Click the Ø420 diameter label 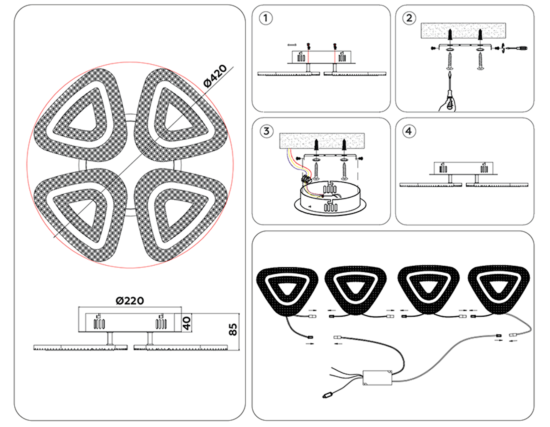coord(215,76)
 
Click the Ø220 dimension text coord(130,301)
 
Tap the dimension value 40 coord(186,323)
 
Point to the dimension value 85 coord(233,330)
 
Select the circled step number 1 coord(266,18)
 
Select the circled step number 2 coord(409,18)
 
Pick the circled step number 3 coord(266,131)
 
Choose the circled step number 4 coord(409,131)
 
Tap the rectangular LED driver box coord(377,378)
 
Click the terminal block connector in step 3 coord(306,179)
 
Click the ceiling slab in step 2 coord(463,30)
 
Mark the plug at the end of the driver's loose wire coord(327,395)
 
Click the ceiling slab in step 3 coord(322,141)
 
